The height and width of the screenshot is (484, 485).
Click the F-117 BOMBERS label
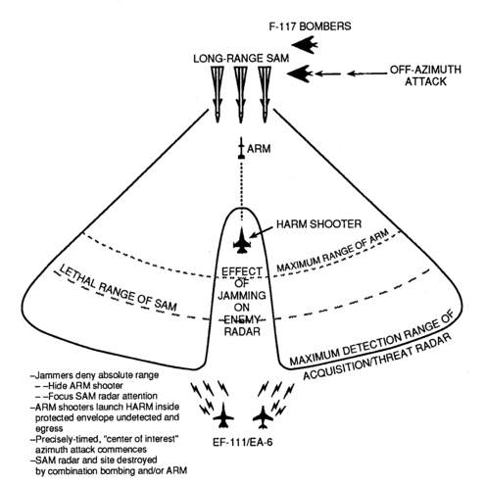(x=310, y=26)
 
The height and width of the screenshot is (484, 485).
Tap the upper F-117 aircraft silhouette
(x=305, y=45)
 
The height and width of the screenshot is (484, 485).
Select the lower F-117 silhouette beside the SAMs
(x=300, y=73)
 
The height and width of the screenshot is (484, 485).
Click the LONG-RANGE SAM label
(x=241, y=59)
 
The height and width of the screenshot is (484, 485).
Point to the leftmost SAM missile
(x=218, y=94)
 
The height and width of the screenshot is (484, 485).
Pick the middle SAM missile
(x=241, y=94)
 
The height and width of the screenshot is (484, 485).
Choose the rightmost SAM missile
(x=265, y=94)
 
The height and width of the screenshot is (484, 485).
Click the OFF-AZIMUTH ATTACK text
(x=425, y=75)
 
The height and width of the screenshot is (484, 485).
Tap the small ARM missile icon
(x=241, y=148)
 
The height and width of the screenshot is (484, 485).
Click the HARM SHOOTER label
(x=318, y=224)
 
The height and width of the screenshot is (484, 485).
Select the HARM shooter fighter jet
(x=242, y=240)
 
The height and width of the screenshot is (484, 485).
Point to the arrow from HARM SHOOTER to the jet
(x=262, y=232)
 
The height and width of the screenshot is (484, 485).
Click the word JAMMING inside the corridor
(x=242, y=296)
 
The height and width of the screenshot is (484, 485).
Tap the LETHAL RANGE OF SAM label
(x=118, y=288)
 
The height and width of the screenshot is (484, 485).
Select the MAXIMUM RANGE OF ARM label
(x=333, y=250)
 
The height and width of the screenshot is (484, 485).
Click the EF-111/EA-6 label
(x=243, y=443)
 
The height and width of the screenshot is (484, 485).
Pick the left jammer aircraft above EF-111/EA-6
(x=223, y=415)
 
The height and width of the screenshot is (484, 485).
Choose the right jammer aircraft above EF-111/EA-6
(x=263, y=416)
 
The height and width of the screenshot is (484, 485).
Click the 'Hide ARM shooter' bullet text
(x=85, y=386)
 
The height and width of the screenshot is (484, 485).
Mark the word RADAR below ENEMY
(x=242, y=331)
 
